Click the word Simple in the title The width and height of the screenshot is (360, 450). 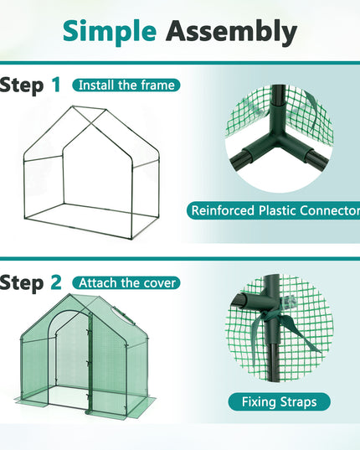110,31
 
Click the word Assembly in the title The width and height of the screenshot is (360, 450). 231,31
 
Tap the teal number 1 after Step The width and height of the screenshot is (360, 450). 56,85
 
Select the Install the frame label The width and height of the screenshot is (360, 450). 126,85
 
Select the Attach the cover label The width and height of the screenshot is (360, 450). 126,283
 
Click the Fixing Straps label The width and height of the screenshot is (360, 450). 279,401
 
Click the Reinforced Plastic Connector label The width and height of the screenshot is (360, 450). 274,210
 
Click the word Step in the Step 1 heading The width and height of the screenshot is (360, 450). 22,85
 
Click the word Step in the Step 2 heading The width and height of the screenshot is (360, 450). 22,283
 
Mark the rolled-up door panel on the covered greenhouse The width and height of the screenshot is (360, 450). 90,363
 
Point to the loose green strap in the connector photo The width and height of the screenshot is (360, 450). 311,109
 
